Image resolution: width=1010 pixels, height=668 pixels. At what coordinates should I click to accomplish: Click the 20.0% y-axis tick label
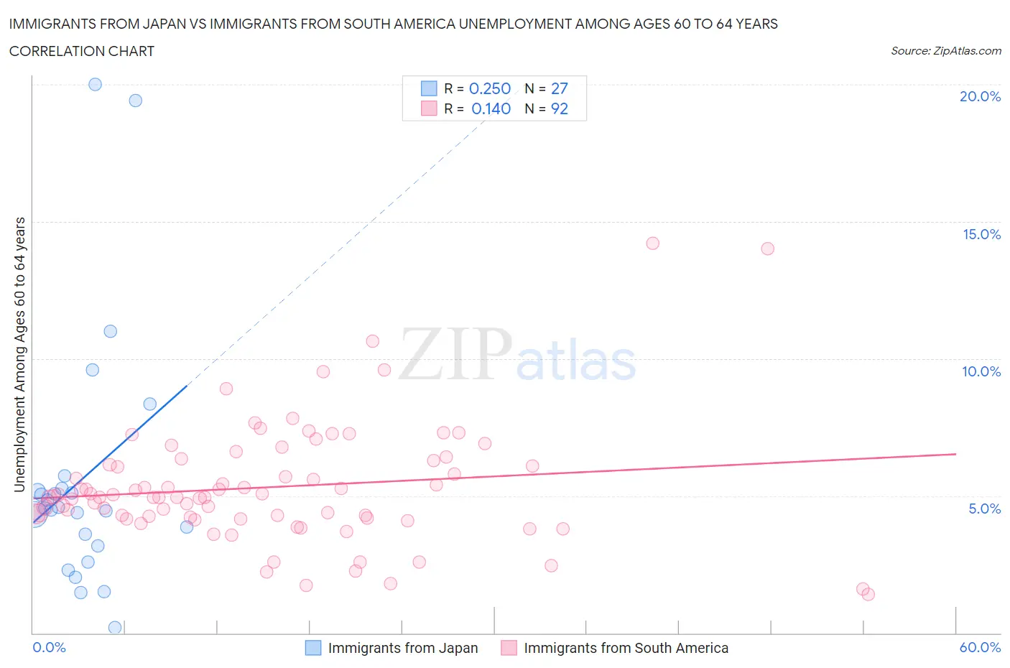point(980,96)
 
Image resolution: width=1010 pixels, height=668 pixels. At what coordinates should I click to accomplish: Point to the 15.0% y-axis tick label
point(981,234)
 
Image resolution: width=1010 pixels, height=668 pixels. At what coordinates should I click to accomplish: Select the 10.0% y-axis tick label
point(981,371)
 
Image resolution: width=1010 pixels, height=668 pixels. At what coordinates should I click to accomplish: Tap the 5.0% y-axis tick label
point(984,509)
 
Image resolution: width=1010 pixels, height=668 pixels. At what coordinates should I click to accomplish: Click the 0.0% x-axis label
point(49,647)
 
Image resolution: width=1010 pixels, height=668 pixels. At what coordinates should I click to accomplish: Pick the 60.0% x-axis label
point(980,647)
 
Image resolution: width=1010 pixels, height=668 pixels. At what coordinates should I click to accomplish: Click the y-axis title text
point(19,354)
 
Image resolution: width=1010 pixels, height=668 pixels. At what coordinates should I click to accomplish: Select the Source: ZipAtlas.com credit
point(945,51)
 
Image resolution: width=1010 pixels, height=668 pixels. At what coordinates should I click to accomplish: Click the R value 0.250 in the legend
point(489,88)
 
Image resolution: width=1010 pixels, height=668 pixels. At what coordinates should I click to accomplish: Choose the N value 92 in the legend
point(559,108)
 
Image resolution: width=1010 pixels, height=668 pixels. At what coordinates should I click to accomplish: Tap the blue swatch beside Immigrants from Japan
point(313,648)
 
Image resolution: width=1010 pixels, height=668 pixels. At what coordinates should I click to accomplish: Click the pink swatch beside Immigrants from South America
point(509,648)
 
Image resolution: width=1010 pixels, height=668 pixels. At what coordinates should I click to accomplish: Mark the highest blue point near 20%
point(95,84)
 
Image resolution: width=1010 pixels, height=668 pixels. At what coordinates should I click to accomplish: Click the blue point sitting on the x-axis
point(114,628)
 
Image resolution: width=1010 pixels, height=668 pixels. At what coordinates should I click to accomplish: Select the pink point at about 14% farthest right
point(767,249)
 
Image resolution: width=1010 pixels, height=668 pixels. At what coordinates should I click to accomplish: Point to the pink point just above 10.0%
point(372,341)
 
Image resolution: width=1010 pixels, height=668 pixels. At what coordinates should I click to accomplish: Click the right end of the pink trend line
point(955,454)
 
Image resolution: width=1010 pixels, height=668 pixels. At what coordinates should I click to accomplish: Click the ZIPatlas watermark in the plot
point(517,356)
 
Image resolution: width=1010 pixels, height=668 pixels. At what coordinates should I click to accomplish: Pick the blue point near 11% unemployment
point(110,331)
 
